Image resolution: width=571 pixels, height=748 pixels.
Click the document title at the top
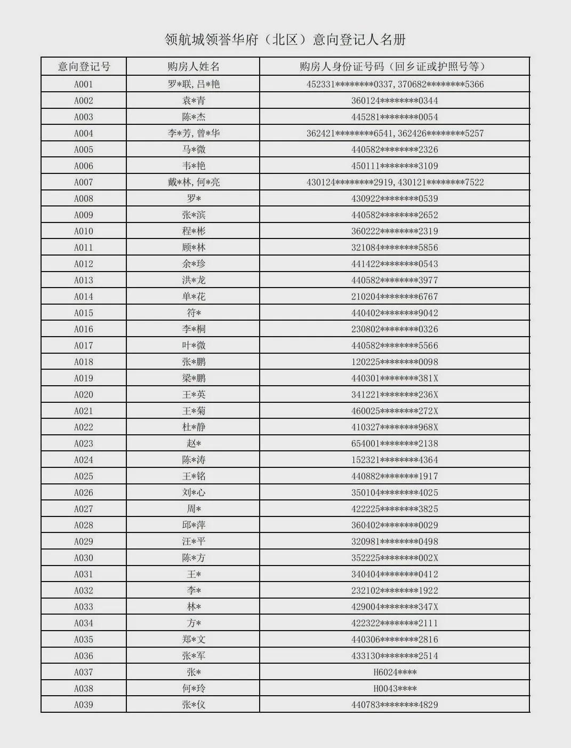tap(285, 39)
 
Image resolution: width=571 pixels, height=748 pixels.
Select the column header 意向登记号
tap(84, 67)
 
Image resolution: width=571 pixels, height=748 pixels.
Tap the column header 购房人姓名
tap(193, 67)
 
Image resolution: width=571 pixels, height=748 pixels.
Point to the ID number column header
tap(395, 67)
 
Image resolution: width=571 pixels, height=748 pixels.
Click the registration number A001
tap(84, 84)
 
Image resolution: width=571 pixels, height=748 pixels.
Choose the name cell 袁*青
tap(194, 101)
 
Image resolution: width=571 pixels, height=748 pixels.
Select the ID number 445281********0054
tap(395, 117)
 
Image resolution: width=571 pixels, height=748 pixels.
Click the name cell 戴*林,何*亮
tap(194, 182)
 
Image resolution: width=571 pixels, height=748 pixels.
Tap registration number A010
tap(84, 232)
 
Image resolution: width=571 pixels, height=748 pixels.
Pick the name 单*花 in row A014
tap(194, 297)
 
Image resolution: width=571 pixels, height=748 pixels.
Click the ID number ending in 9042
tap(395, 313)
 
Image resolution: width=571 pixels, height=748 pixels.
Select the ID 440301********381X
tap(395, 378)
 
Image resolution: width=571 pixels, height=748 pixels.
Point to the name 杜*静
tap(194, 427)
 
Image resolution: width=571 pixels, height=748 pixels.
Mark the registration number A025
tap(84, 476)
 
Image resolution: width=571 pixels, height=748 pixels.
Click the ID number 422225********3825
tap(395, 509)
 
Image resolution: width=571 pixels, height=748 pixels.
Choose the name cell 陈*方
tap(194, 558)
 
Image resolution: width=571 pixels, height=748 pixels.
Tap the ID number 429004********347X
tap(395, 607)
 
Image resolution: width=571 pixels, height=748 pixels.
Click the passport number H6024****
tap(395, 672)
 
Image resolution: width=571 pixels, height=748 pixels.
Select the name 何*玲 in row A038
tap(194, 689)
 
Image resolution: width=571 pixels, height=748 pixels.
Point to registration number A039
tap(84, 705)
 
